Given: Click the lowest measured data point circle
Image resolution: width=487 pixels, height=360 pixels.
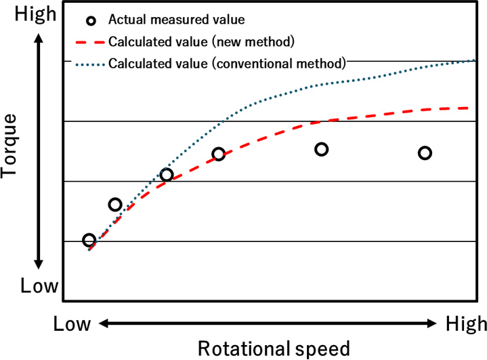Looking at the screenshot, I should (x=89, y=240).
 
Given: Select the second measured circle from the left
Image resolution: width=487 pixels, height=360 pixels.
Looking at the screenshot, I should (x=115, y=204).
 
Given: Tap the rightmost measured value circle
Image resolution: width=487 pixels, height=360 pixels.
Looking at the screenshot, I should (x=425, y=153).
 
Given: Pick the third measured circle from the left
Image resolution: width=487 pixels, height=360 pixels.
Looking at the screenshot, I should (x=167, y=175).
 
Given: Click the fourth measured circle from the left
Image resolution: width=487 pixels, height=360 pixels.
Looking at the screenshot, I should (x=218, y=155).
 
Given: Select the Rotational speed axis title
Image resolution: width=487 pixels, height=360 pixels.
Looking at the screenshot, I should (x=274, y=348).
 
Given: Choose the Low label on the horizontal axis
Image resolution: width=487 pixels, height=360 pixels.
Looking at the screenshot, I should (x=72, y=324).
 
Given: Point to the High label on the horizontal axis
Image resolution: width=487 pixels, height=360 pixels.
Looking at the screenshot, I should (x=466, y=324).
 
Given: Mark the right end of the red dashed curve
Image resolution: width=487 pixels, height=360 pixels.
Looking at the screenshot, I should (x=469, y=108).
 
